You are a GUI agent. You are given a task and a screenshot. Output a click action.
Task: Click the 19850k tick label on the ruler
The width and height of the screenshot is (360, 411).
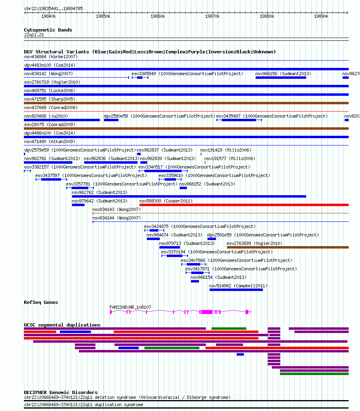click(103, 16)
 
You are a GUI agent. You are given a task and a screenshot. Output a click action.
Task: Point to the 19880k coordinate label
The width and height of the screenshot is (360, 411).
click(267, 16)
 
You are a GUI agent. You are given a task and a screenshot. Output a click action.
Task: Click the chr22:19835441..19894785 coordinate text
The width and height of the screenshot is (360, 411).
click(53, 8)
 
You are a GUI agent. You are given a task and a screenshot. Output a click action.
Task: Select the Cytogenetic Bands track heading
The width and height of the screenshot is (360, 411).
click(48, 30)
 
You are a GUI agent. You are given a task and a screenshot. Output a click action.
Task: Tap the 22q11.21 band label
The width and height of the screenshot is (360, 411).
click(34, 35)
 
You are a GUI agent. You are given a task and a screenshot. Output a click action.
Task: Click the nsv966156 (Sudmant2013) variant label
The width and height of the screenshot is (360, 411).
click(283, 74)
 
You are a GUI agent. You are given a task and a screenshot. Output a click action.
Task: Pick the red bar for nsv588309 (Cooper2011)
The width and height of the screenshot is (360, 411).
click(244, 205)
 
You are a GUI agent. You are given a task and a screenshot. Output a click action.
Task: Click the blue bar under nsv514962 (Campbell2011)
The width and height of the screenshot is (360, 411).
click(236, 290)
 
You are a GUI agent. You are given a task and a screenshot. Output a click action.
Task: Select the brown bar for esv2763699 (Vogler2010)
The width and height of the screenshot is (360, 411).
click(288, 247)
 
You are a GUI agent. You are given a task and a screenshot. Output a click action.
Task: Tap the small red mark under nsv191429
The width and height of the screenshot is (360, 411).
click(201, 154)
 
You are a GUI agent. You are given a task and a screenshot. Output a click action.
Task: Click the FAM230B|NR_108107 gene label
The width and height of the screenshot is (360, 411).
click(130, 307)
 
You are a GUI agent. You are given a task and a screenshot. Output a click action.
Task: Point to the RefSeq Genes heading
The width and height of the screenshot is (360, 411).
click(41, 302)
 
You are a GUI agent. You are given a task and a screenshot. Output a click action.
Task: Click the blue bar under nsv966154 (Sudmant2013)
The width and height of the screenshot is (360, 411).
click(195, 281)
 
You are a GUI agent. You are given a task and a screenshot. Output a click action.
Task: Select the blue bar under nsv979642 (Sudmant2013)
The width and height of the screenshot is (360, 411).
click(78, 205)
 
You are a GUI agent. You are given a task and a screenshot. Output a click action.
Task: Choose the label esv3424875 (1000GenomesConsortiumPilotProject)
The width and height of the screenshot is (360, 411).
click(200, 226)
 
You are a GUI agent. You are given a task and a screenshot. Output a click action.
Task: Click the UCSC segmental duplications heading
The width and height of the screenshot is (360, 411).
click(62, 325)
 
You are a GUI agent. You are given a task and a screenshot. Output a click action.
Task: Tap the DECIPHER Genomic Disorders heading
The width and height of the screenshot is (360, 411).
click(61, 392)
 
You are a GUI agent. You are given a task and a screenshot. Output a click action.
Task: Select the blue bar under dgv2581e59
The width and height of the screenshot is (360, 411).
click(212, 239)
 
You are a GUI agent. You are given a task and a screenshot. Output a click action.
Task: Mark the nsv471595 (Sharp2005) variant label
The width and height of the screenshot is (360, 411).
click(50, 99)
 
